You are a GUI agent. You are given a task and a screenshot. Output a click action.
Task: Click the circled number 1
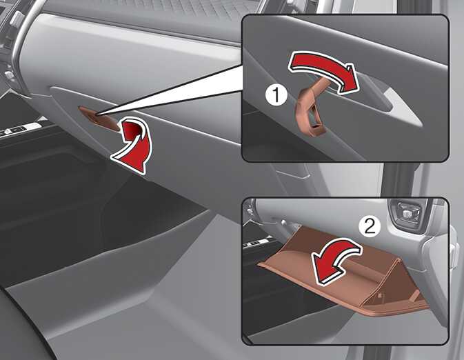click(276, 95)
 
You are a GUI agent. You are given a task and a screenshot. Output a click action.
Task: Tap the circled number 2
click(370, 226)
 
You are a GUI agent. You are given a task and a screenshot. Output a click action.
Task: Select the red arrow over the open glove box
click(335, 261)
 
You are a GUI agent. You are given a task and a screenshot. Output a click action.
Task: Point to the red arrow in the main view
click(133, 145)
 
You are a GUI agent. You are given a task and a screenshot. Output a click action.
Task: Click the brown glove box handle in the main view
click(99, 119)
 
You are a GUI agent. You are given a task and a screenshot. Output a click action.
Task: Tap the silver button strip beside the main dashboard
click(20, 129)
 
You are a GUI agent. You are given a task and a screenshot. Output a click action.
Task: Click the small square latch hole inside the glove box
click(381, 295)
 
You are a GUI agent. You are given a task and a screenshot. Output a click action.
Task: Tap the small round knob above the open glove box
click(283, 221)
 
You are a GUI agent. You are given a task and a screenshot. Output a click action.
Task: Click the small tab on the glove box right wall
click(415, 294)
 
